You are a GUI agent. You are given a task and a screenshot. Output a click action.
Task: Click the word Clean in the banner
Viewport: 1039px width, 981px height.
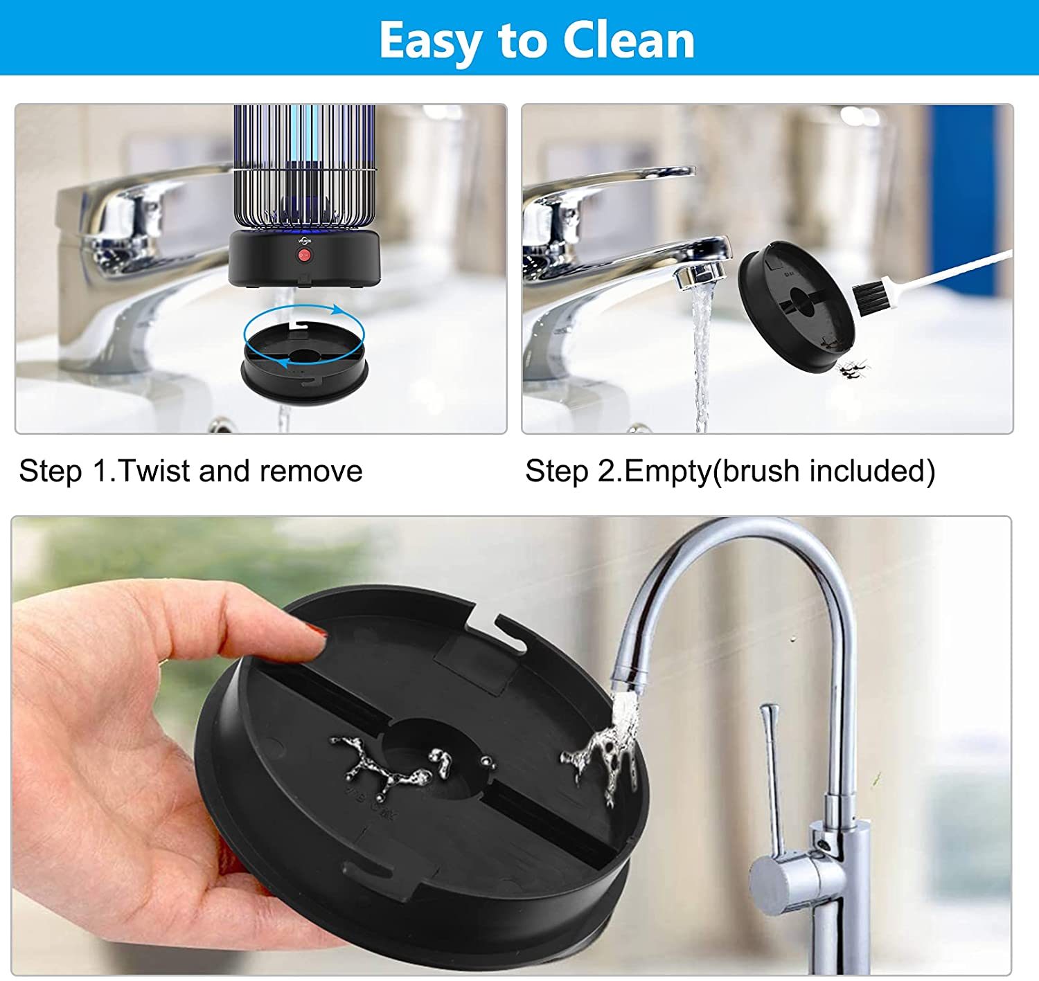[x=629, y=41]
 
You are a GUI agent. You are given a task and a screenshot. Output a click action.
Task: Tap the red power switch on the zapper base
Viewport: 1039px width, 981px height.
[x=304, y=255]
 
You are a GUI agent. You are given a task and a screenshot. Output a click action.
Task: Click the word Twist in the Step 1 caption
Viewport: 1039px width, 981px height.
[x=155, y=471]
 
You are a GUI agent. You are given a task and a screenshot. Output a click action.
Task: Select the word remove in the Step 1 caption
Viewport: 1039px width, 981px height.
[x=311, y=471]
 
